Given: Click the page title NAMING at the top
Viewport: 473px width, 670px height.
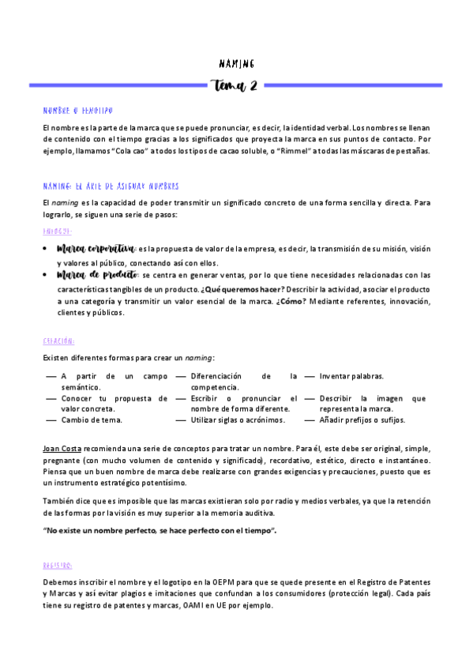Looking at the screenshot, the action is coord(236,63).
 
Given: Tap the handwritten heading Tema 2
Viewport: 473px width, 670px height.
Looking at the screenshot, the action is coord(236,85).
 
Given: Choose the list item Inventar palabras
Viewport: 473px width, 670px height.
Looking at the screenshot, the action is coord(351,376).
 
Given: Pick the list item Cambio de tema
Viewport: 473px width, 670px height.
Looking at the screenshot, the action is coord(92,420).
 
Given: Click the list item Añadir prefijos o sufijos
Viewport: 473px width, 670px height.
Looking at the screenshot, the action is coord(362,420).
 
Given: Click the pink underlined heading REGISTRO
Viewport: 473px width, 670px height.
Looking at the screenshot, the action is coord(59,566).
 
